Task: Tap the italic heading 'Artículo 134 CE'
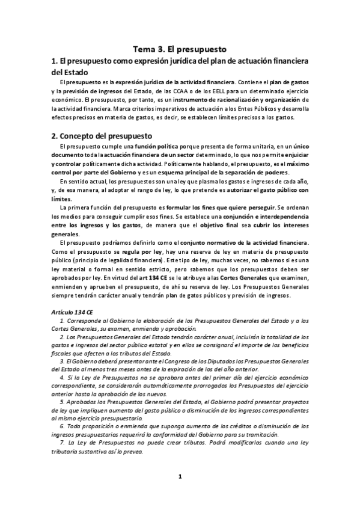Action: point(73,314)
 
